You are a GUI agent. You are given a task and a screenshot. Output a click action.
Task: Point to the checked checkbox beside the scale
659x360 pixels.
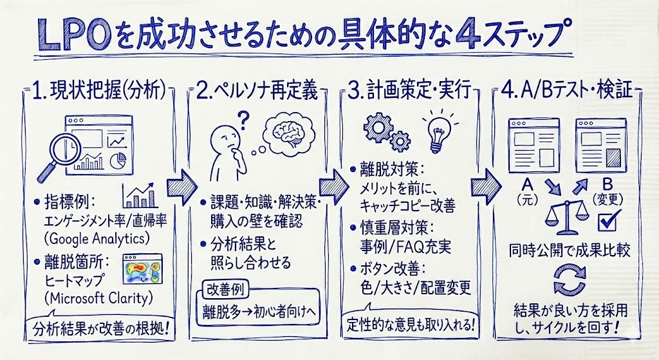coord(608,222)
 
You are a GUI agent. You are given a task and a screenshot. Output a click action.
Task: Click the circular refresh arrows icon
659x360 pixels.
coord(567,278)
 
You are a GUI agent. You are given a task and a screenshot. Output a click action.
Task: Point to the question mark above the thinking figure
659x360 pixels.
coord(244,119)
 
